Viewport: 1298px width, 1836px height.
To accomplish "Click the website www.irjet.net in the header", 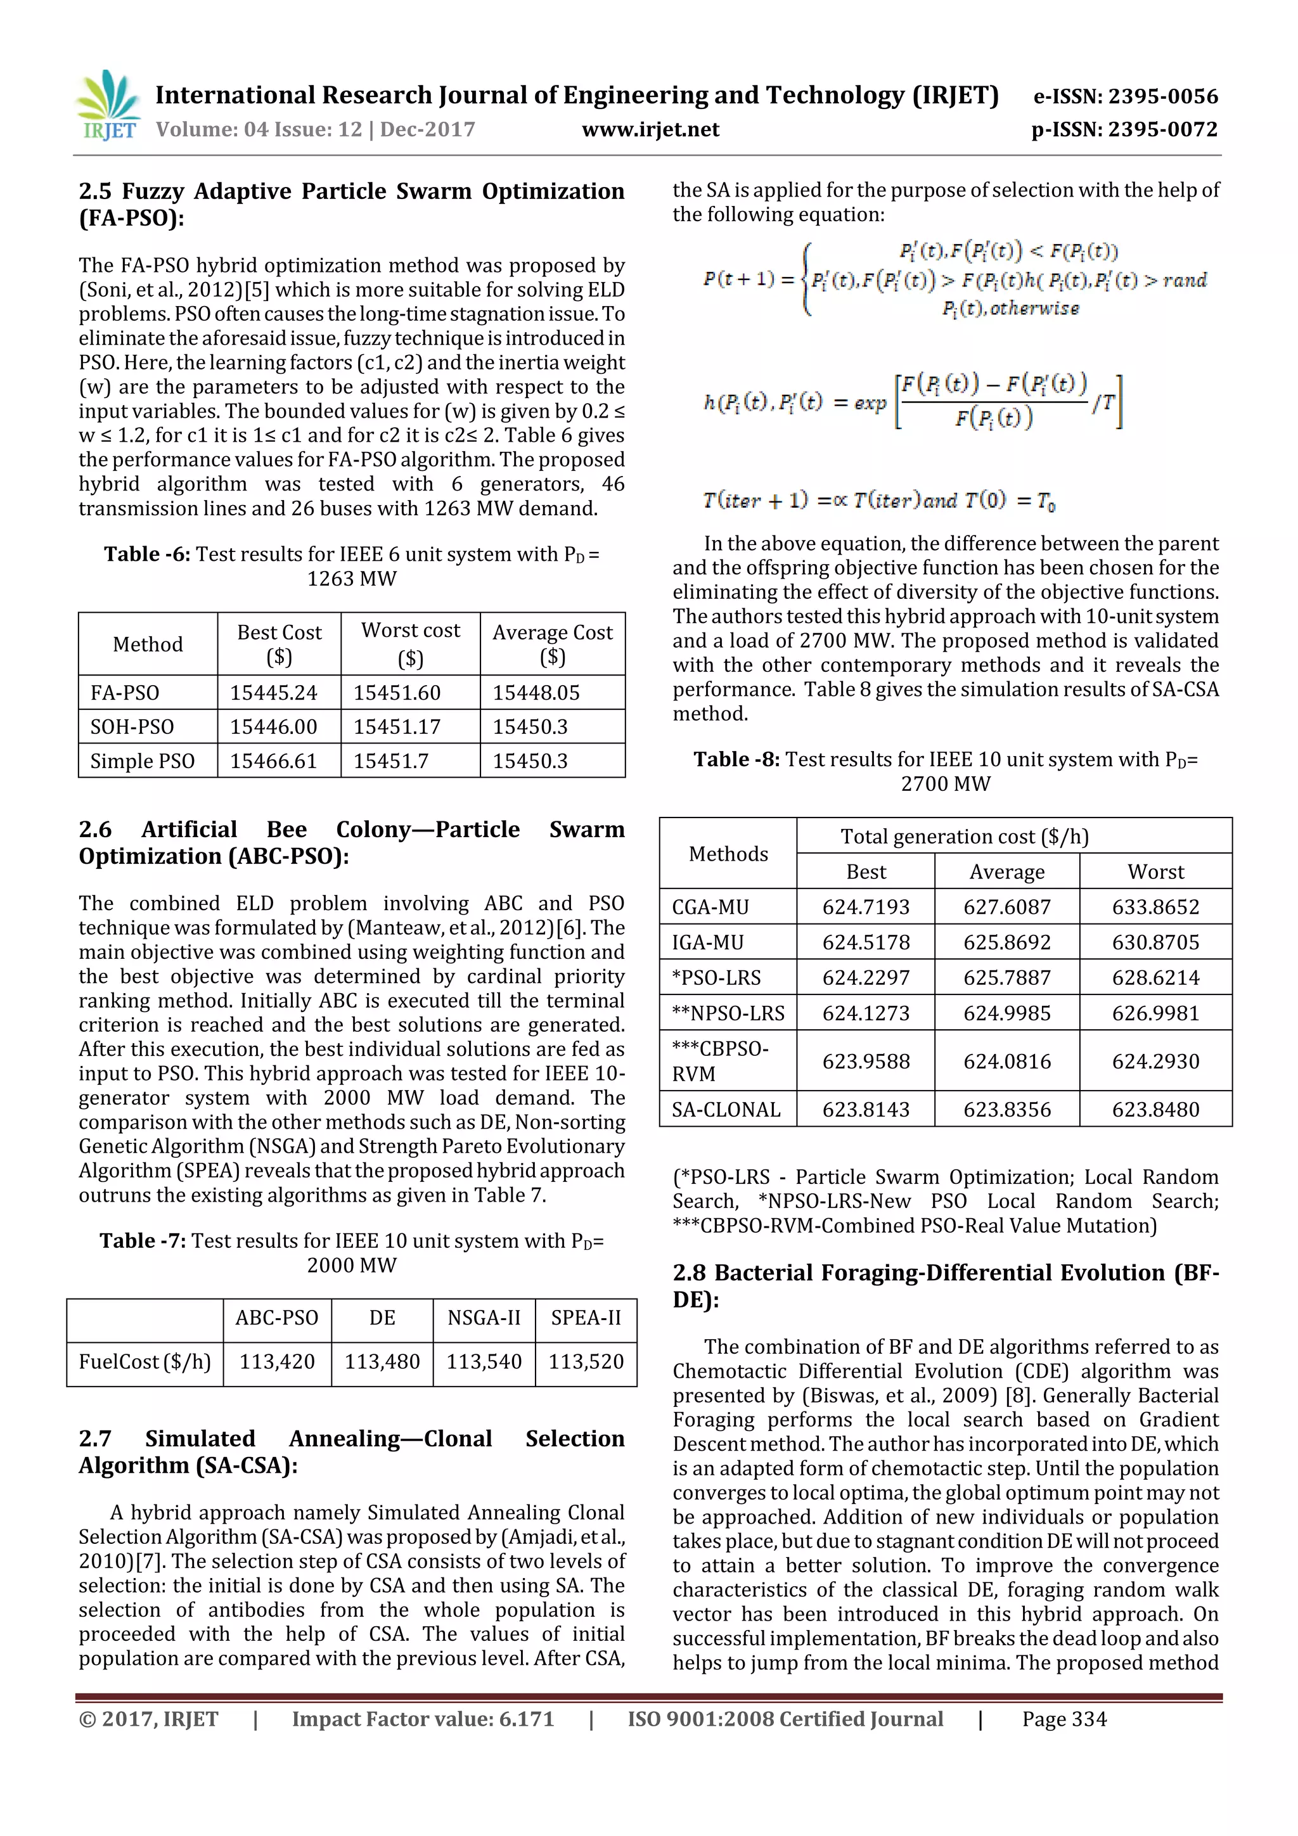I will pyautogui.click(x=650, y=129).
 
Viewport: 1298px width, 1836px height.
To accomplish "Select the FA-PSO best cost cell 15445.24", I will pyautogui.click(x=274, y=693).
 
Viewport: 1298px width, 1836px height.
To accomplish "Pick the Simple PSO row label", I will pyautogui.click(x=143, y=761).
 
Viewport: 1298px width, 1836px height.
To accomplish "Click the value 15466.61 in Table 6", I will pyautogui.click(x=274, y=761).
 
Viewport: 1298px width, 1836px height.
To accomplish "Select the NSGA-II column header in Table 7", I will pyautogui.click(x=484, y=1318).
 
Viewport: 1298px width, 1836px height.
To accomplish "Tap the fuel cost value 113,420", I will pyautogui.click(x=277, y=1362).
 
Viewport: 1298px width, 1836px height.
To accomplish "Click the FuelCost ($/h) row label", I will pyautogui.click(x=145, y=1362).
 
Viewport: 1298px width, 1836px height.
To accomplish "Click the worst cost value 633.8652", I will pyautogui.click(x=1155, y=907).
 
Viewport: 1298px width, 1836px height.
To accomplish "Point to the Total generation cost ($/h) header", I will pyautogui.click(x=965, y=837).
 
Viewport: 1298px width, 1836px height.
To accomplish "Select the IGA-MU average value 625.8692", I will pyautogui.click(x=1006, y=942).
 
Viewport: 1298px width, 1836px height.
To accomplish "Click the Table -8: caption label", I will pyautogui.click(x=736, y=759).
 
